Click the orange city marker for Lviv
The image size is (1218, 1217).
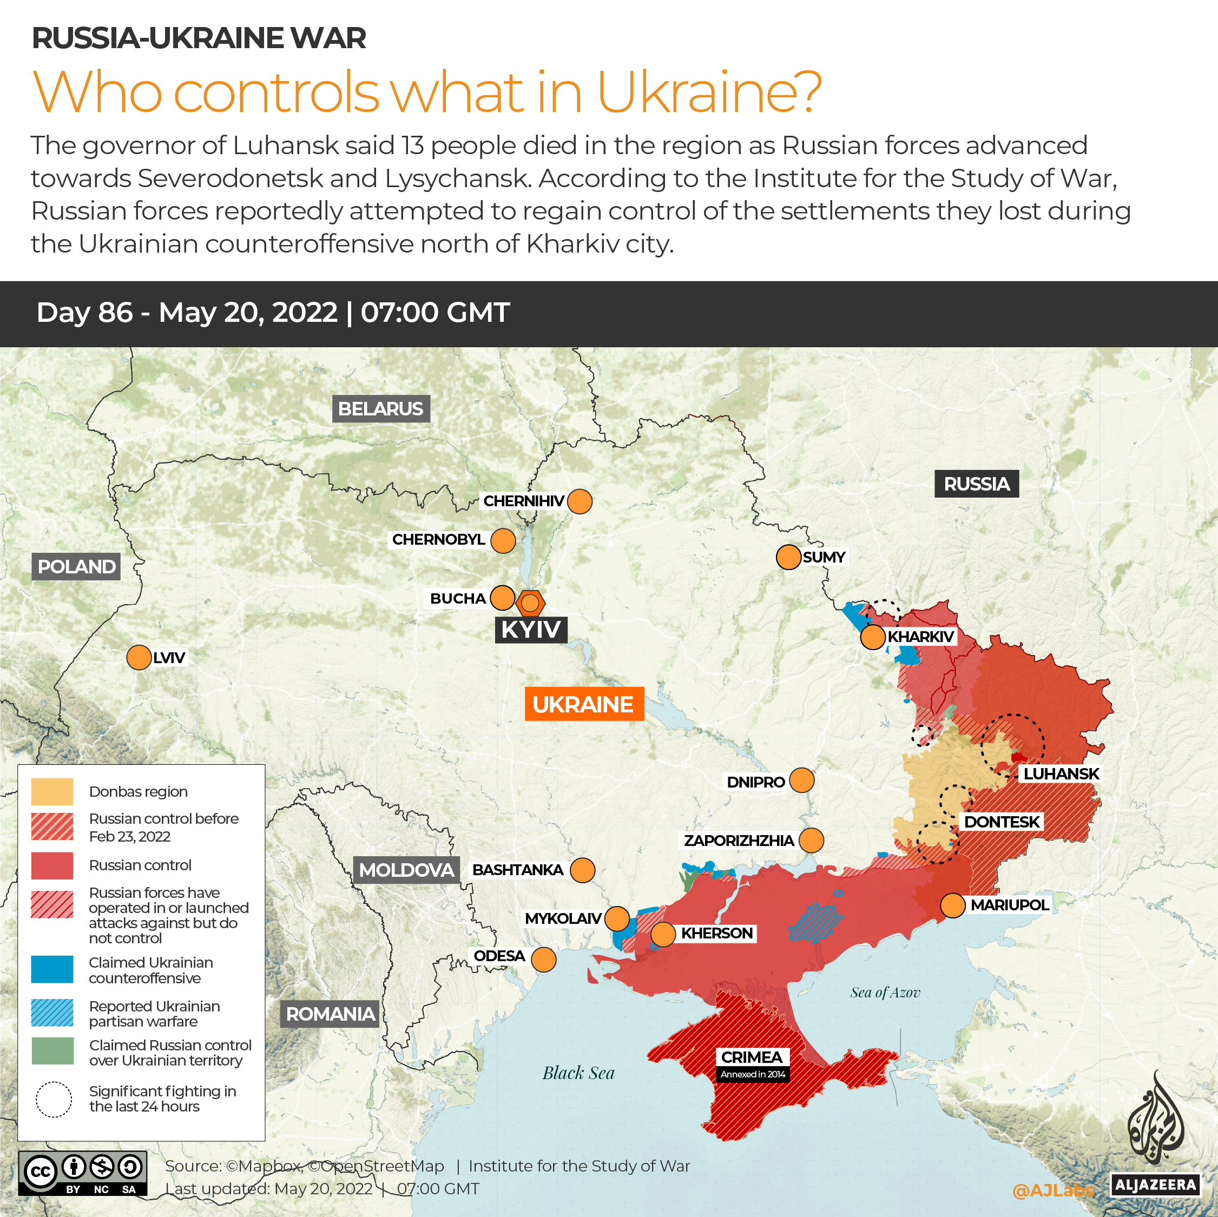(x=139, y=657)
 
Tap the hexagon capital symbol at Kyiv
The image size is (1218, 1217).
(x=530, y=603)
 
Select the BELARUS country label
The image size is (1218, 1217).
(x=381, y=408)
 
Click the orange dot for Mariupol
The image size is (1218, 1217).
(x=952, y=905)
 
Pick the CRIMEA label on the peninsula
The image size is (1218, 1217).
(x=752, y=1057)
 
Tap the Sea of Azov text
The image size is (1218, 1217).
(x=885, y=993)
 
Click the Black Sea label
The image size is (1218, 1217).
(x=578, y=1073)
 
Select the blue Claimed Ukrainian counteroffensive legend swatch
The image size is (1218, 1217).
(x=52, y=970)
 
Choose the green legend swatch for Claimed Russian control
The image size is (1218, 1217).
(x=52, y=1052)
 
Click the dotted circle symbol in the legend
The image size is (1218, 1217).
(x=54, y=1099)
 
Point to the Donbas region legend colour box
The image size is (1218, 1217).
(x=52, y=791)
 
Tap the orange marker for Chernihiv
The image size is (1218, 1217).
(x=580, y=501)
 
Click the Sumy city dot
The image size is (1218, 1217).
(x=788, y=557)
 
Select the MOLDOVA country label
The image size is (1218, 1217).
(x=406, y=870)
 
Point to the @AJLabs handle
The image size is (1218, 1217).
(x=1053, y=1190)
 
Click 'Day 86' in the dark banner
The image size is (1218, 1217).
(x=84, y=313)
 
